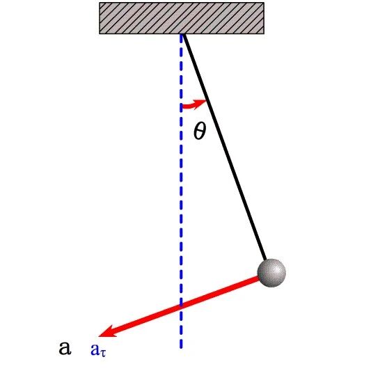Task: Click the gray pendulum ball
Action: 271,273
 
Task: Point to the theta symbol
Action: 200,132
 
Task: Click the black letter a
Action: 65,348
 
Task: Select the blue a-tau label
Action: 98,350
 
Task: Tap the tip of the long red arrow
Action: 98,336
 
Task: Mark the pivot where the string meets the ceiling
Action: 183,34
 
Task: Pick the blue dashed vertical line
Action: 182,191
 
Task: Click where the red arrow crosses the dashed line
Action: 182,306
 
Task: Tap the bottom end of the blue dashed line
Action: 182,348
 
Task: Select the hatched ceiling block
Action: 182,18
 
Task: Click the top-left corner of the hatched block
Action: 100,3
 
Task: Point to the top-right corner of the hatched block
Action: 264,3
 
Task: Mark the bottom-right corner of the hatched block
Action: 264,33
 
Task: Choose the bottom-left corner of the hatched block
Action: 100,33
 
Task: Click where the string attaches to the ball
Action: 266,260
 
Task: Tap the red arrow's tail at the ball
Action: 259,278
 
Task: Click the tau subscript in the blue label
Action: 103,354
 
